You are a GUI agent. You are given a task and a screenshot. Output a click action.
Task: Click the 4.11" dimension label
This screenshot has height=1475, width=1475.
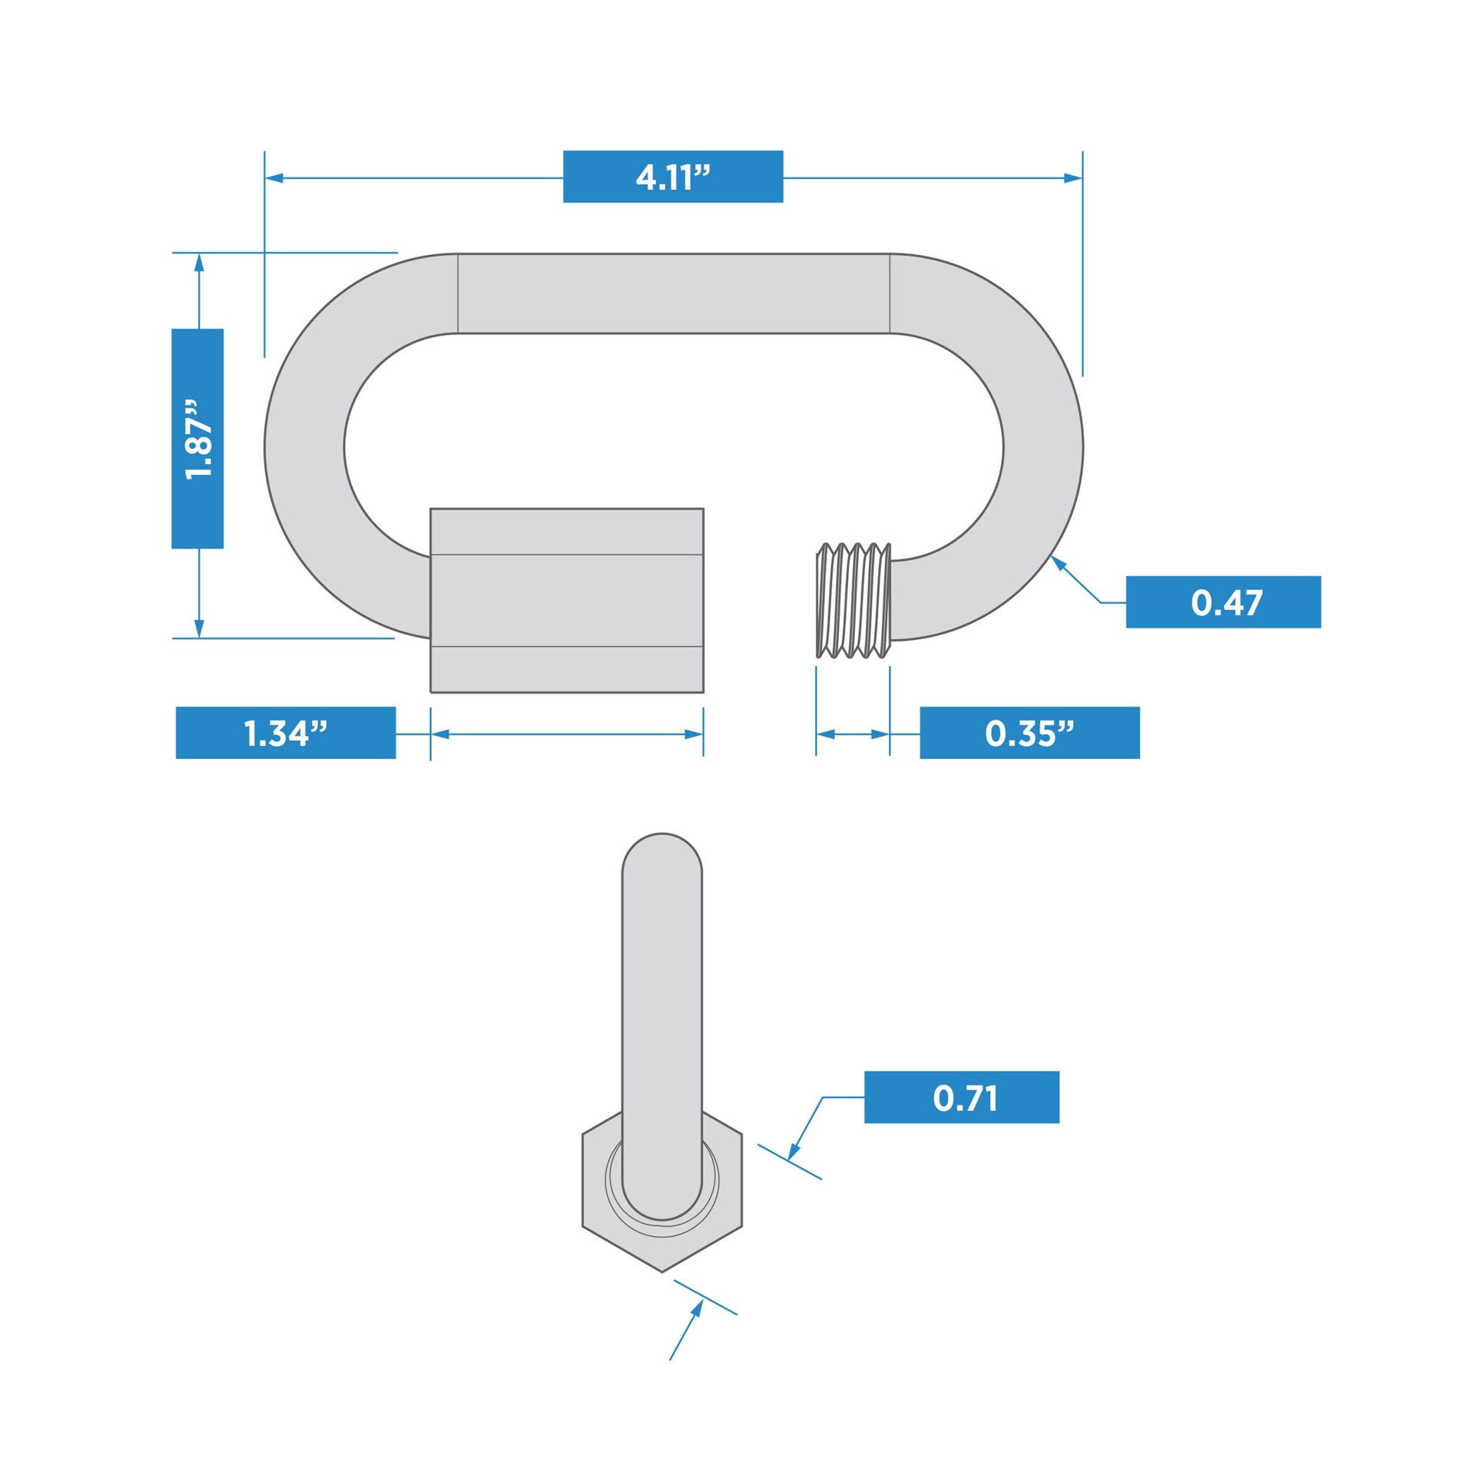pos(673,177)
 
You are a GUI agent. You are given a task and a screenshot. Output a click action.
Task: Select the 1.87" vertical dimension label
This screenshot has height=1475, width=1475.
pos(197,439)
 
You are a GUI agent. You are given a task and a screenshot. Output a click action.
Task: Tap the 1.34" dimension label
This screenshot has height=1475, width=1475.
pos(286,733)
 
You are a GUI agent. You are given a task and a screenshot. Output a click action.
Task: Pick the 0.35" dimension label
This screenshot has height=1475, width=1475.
pos(1029,733)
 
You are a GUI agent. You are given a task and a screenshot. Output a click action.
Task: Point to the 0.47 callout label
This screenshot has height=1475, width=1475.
pos(1223,602)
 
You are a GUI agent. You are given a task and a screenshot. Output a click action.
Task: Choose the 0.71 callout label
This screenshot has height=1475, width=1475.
pos(962,1097)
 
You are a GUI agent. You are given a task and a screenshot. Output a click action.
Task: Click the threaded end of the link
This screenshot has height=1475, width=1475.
pos(853,600)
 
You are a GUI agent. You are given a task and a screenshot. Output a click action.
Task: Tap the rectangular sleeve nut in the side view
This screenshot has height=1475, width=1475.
pos(566,600)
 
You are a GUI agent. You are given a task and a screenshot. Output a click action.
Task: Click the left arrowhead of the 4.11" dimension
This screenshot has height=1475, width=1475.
pos(274,178)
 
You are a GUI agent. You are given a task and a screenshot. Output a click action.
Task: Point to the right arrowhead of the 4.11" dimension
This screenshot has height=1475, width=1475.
pos(1073,178)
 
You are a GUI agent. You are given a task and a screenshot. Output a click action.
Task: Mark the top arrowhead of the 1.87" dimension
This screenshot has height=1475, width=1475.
pos(199,262)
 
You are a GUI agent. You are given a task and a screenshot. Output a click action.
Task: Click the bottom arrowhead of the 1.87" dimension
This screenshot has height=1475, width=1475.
pos(199,628)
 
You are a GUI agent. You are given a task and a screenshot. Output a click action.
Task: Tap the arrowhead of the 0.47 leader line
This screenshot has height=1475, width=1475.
pos(1058,562)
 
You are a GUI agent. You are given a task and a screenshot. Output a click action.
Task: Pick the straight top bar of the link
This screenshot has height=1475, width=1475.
pos(673,293)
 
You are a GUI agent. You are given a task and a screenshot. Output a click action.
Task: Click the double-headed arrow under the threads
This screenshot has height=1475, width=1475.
pos(853,734)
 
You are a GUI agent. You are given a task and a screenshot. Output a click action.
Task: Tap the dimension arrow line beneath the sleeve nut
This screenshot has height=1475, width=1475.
pos(566,734)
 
